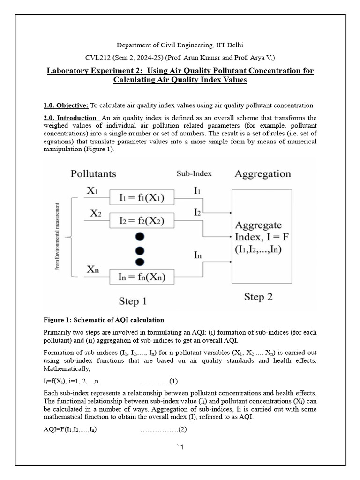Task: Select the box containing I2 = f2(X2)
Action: pos(141,220)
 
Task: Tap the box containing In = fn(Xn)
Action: pos(141,277)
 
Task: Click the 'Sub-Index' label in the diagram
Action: pos(194,173)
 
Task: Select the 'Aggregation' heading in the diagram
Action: pos(262,174)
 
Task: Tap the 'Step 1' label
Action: pos(132,301)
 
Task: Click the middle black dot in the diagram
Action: pos(140,249)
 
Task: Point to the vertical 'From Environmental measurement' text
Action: pos(58,237)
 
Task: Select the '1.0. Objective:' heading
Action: pos(66,105)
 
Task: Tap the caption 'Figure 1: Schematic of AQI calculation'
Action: pos(104,320)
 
